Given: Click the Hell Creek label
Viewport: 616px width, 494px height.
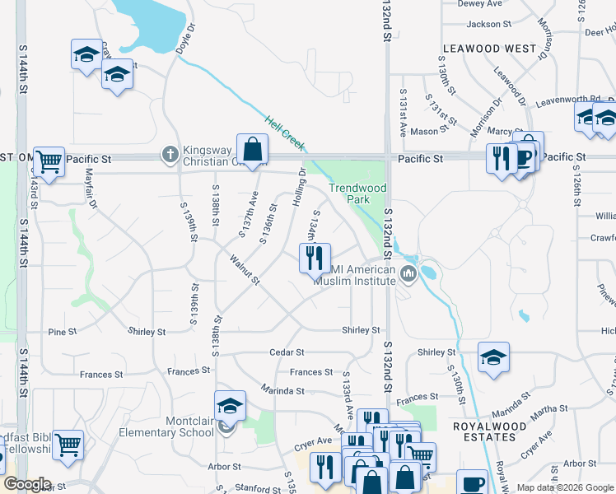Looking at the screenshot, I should click(285, 134).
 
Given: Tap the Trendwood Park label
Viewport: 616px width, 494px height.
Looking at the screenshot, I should click(357, 193).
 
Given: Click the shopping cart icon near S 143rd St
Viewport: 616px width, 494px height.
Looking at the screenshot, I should click(49, 161).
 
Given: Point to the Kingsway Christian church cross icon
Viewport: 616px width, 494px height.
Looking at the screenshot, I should click(170, 154).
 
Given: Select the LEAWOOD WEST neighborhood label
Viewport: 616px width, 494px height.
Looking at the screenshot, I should click(489, 49).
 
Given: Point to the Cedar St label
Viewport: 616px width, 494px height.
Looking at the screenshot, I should click(287, 352).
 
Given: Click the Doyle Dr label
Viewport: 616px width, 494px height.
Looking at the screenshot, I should click(186, 39).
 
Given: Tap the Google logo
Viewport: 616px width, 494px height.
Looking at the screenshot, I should click(28, 484).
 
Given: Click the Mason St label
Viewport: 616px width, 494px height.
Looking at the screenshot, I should click(425, 132).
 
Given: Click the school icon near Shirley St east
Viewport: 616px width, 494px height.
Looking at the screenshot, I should click(493, 358).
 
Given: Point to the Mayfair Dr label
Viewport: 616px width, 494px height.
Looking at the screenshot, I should click(91, 188).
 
